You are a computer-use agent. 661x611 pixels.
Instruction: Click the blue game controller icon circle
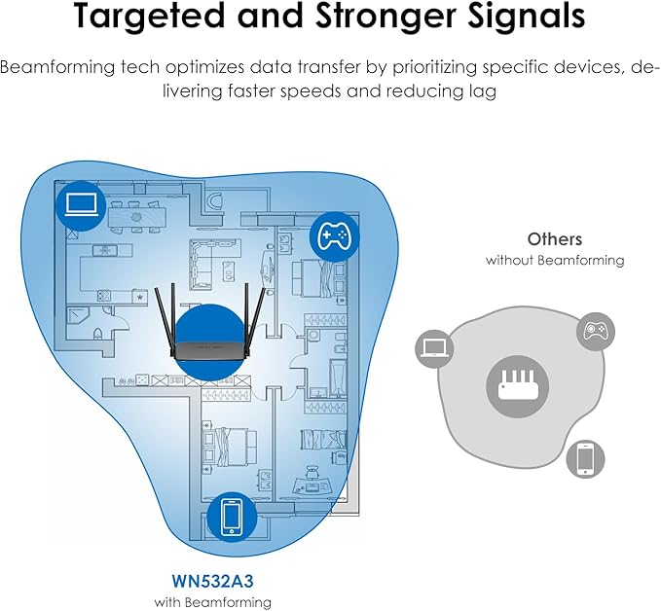[334, 236]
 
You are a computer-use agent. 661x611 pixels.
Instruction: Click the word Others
[555, 238]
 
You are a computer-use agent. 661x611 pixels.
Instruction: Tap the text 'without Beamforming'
[555, 260]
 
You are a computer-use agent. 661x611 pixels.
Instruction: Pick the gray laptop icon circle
[434, 347]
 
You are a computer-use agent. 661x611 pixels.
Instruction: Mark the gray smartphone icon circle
[585, 458]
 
